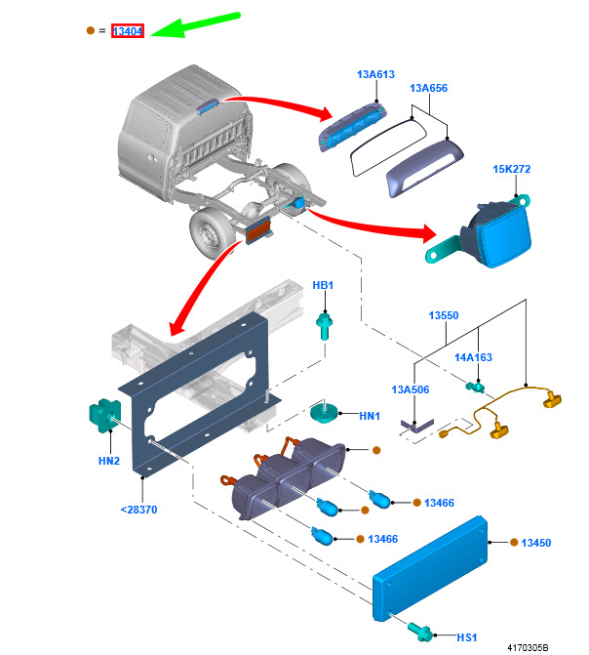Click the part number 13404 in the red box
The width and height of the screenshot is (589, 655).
(128, 31)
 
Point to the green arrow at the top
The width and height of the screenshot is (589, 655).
(195, 25)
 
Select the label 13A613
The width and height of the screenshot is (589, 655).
(375, 74)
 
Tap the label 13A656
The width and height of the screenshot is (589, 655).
(429, 88)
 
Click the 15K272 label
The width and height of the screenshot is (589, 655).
(512, 169)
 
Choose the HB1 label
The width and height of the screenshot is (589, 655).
(323, 285)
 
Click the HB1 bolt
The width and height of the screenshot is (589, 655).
(325, 326)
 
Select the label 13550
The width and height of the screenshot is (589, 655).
(444, 315)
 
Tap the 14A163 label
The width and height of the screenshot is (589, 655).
(473, 357)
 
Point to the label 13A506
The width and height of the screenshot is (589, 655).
(411, 389)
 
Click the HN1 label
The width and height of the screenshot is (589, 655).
(370, 416)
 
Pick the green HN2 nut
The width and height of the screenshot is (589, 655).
(105, 415)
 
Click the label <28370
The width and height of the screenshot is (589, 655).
(139, 511)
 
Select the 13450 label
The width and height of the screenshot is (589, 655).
(536, 543)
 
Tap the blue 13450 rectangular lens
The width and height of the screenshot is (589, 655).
(430, 569)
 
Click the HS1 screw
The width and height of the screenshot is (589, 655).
(420, 632)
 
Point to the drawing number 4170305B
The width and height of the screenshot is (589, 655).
(528, 648)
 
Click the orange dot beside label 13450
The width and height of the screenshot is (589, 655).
(514, 542)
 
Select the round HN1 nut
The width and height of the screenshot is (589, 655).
(324, 413)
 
